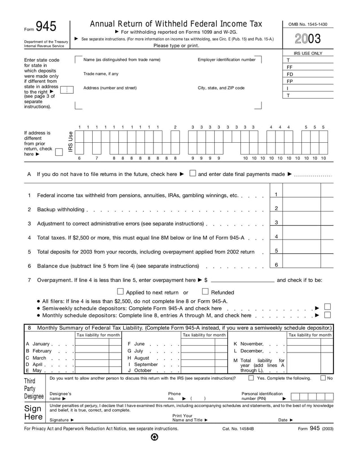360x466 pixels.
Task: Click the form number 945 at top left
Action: click(46, 27)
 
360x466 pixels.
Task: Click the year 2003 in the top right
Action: click(308, 39)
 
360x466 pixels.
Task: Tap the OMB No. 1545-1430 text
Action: click(308, 24)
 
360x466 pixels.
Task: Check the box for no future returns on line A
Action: click(193, 173)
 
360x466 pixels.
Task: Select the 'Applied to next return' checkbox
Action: click(120, 291)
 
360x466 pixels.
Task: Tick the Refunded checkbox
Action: click(205, 291)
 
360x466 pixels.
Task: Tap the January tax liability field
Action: click(92, 344)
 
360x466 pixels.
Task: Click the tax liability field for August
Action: click(198, 358)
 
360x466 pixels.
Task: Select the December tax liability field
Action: click(304, 351)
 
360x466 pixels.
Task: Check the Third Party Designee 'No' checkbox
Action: click(323, 378)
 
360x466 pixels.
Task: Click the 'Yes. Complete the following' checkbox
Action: click(251, 378)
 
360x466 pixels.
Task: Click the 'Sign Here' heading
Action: click(33, 412)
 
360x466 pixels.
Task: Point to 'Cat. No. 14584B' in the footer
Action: click(238, 429)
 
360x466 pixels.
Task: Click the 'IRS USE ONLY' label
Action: click(308, 53)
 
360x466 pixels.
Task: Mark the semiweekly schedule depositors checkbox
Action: click(328, 307)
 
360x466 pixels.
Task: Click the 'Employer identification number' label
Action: click(226, 59)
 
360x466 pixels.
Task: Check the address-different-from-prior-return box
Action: click(58, 152)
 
